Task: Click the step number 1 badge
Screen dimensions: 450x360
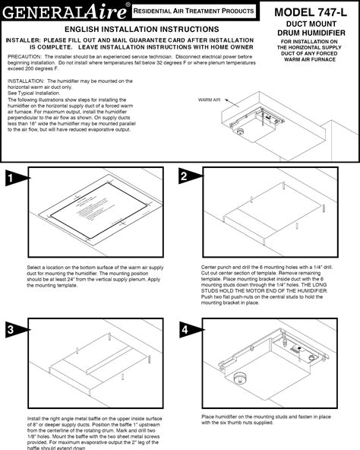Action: (11, 179)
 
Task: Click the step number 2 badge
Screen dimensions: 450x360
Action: (185, 177)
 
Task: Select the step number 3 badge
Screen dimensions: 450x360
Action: (11, 329)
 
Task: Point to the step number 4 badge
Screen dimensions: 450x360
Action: (185, 329)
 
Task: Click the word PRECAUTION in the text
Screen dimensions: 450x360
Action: (24, 55)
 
